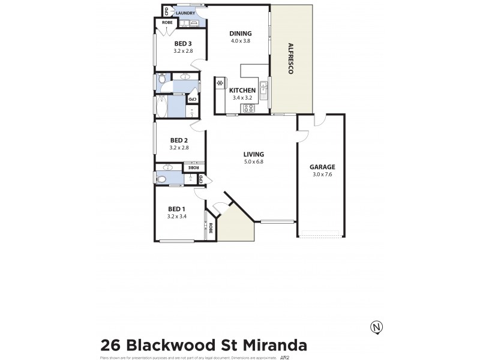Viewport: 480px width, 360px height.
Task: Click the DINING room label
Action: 240,34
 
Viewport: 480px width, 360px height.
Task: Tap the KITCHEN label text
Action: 242,91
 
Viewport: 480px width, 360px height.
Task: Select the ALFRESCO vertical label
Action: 290,58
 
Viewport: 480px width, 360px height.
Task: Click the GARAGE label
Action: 322,167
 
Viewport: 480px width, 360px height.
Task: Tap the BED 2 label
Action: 179,140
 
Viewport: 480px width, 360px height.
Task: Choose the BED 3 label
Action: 183,43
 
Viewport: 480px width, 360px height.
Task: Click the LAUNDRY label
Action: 185,12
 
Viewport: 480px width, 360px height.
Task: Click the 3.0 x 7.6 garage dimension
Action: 322,175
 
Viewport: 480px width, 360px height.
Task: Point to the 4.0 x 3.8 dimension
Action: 240,41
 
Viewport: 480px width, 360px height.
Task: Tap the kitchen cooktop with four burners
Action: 248,109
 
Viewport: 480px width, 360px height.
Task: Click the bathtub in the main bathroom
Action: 161,106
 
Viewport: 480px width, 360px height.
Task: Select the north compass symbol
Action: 377,327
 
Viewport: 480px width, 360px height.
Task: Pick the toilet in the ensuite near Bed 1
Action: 161,179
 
